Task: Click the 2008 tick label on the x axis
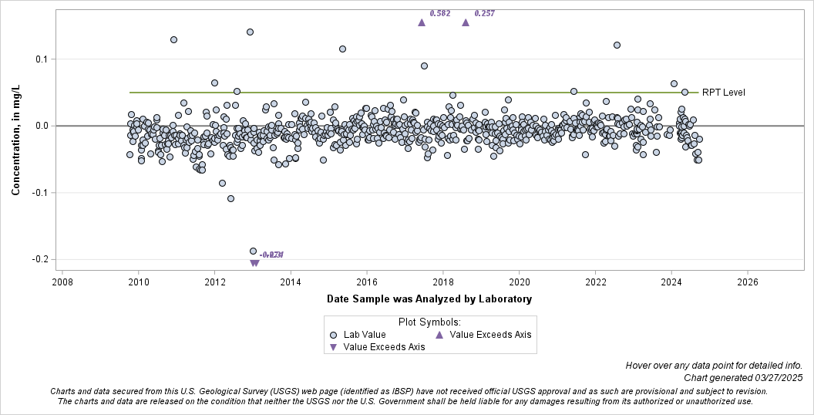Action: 62,282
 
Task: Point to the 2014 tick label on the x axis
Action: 291,282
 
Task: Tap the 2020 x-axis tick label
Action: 520,282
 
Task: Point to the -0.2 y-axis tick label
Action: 39,259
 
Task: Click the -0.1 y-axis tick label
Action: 39,193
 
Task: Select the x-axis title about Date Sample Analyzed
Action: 429,299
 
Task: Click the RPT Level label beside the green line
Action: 723,93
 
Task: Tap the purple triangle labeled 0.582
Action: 422,22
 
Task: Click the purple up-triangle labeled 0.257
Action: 466,22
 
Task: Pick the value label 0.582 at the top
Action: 440,13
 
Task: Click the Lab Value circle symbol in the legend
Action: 333,335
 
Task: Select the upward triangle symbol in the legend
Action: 439,335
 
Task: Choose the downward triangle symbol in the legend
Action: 333,347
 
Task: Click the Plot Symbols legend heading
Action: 429,322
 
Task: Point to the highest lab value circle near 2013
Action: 250,32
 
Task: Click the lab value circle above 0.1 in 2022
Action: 617,45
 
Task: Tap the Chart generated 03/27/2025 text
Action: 743,378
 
